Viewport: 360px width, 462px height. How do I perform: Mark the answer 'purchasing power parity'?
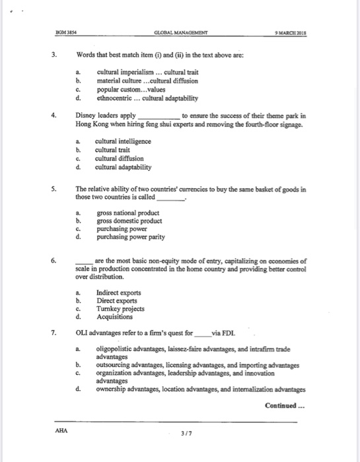tap(131, 237)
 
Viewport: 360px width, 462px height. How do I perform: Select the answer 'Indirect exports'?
tap(119, 293)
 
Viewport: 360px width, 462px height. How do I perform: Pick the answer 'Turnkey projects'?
tap(120, 308)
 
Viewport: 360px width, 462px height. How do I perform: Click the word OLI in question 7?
tap(83, 333)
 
